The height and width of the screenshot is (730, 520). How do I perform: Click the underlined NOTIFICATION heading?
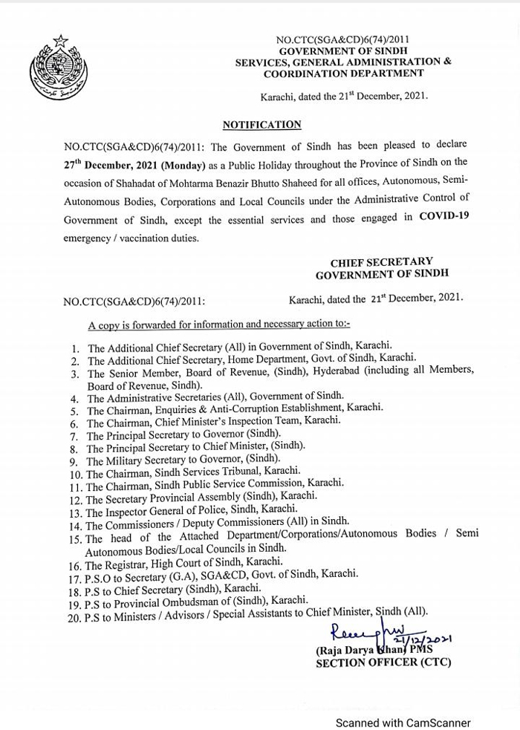pyautogui.click(x=262, y=125)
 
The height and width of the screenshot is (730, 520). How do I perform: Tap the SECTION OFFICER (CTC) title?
pyautogui.click(x=383, y=662)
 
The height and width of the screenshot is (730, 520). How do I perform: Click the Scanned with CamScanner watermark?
pyautogui.click(x=403, y=722)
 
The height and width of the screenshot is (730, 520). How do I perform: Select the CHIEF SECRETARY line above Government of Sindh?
pyautogui.click(x=381, y=261)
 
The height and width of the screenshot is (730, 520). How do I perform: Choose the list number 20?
pyautogui.click(x=74, y=616)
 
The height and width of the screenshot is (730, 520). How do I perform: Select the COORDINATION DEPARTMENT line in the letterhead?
pyautogui.click(x=343, y=74)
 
